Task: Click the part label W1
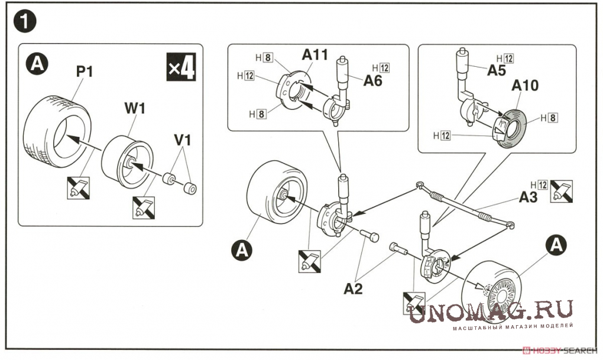[x=135, y=108]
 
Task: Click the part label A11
[x=315, y=55]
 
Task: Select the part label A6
[x=372, y=81]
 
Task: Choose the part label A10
[x=526, y=86]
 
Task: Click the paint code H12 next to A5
[x=505, y=58]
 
